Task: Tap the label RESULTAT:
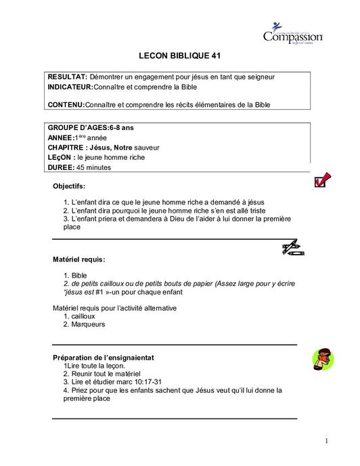tap(68, 77)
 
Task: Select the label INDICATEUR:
tap(74, 87)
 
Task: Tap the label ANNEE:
tap(61, 137)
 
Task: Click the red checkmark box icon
tap(322, 179)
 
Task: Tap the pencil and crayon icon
tap(292, 248)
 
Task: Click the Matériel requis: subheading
tap(79, 259)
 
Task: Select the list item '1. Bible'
tap(75, 276)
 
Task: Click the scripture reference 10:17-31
tap(143, 382)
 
